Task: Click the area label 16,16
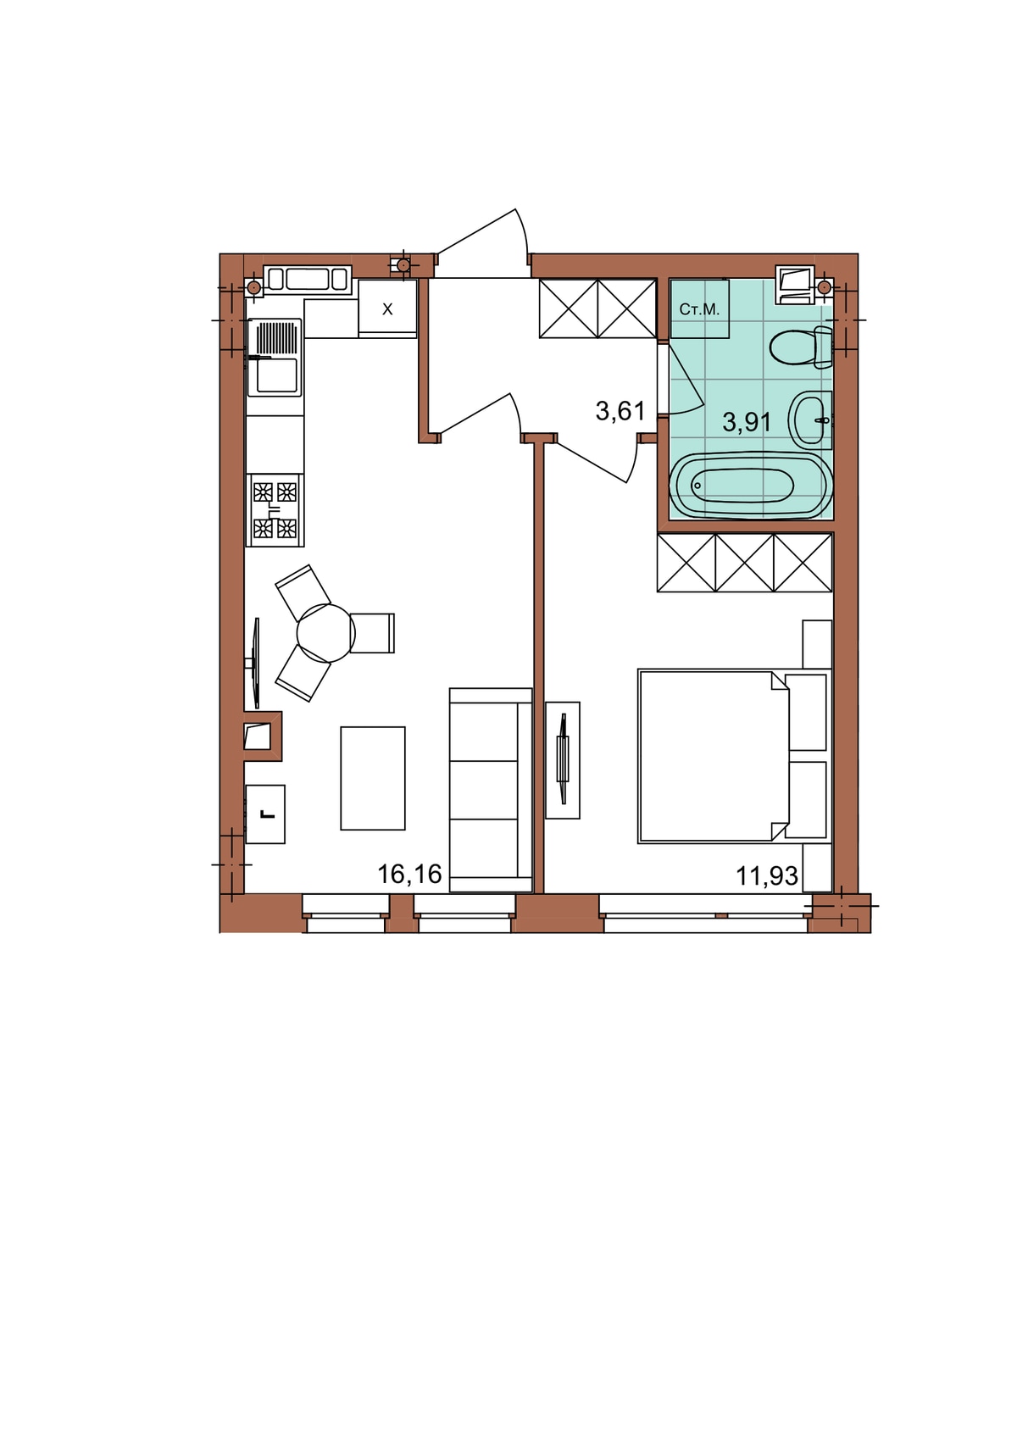[x=409, y=874]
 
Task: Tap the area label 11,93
[x=766, y=875]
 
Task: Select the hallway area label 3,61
[x=620, y=410]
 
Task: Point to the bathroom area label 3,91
[x=747, y=422]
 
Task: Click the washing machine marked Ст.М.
[x=699, y=308]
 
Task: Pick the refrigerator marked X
[x=387, y=309]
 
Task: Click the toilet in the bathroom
[x=800, y=347]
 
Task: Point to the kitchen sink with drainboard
[x=275, y=358]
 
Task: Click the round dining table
[x=325, y=633]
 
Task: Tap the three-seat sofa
[x=491, y=790]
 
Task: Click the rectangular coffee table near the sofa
[x=373, y=778]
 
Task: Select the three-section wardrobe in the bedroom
[x=745, y=563]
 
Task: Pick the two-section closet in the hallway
[x=597, y=308]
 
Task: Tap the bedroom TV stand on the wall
[x=563, y=760]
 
